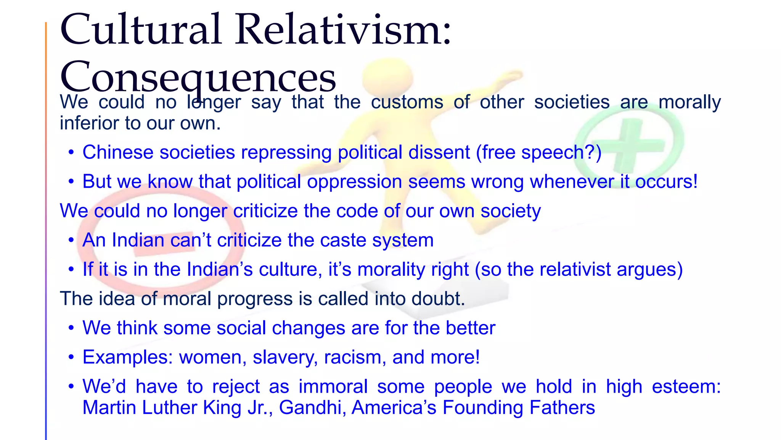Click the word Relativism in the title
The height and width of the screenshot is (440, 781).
point(343,30)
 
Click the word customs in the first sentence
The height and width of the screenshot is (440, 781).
point(407,102)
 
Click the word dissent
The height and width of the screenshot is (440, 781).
point(439,152)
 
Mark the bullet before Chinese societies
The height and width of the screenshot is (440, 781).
point(71,152)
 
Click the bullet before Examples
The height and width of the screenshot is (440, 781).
point(71,357)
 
